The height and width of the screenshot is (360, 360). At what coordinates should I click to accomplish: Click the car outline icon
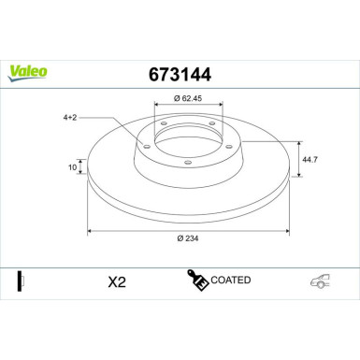(x=321, y=282)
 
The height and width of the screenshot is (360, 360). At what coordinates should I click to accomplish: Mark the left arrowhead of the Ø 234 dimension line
(x=89, y=229)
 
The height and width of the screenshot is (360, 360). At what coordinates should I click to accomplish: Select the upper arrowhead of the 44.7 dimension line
(x=297, y=142)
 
